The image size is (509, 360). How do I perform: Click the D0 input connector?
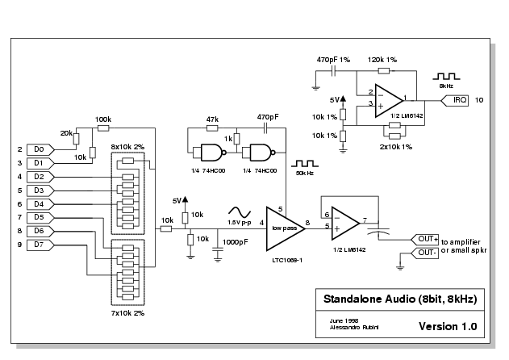click(40, 149)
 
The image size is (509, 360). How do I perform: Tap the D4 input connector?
click(40, 204)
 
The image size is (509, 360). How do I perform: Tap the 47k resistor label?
click(212, 119)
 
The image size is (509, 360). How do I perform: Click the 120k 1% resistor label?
click(382, 60)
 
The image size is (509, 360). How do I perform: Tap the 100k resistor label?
click(103, 119)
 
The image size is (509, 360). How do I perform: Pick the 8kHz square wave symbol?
click(446, 74)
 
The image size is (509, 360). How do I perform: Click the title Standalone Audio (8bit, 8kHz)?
click(400, 299)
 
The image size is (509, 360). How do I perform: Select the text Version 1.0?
click(448, 326)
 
